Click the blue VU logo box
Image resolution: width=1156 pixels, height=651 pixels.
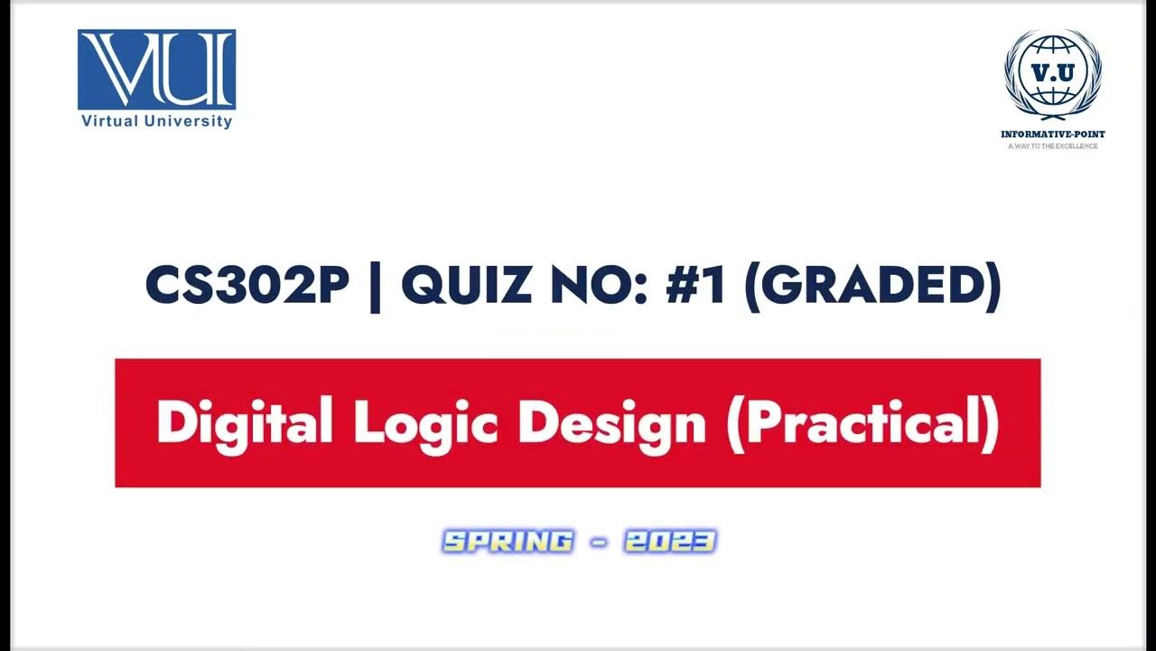tap(156, 70)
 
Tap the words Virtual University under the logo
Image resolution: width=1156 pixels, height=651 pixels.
tap(156, 121)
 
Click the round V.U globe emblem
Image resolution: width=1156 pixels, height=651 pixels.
tap(1052, 74)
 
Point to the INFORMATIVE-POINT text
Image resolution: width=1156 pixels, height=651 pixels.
tap(1052, 135)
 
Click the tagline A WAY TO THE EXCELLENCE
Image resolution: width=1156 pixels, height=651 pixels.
tap(1052, 146)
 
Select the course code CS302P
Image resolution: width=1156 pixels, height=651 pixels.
tap(247, 287)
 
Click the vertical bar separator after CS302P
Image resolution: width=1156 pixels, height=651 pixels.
tap(375, 287)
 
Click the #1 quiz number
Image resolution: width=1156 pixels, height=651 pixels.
tap(695, 287)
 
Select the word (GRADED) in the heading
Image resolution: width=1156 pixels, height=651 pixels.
tap(872, 287)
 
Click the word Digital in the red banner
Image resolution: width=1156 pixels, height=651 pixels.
tap(245, 423)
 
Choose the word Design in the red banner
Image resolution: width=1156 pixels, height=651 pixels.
tap(611, 423)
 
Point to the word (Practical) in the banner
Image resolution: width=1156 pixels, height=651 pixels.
tap(862, 423)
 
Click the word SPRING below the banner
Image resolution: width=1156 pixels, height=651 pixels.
tap(508, 542)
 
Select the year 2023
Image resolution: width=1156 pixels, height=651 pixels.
tap(669, 542)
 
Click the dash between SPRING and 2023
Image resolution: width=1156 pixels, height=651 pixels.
tap(598, 542)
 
